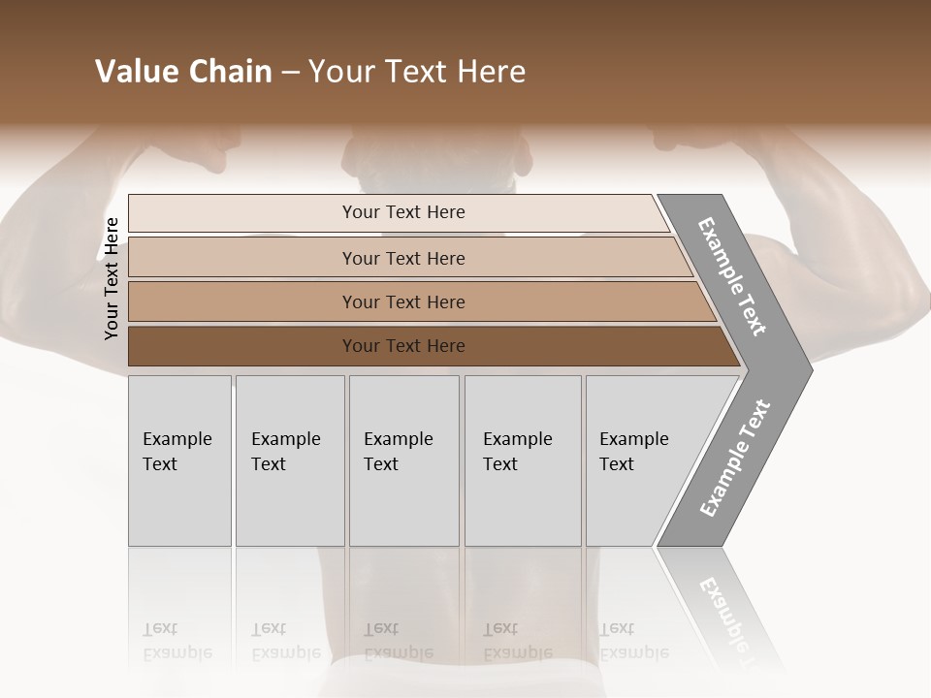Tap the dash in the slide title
290,73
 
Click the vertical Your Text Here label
112,278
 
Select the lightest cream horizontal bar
398,212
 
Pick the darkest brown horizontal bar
427,346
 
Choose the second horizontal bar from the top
407,258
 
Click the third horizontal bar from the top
417,301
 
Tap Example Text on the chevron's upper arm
732,276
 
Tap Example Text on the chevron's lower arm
735,458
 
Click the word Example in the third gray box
398,439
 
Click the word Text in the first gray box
160,464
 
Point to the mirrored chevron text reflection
727,620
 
